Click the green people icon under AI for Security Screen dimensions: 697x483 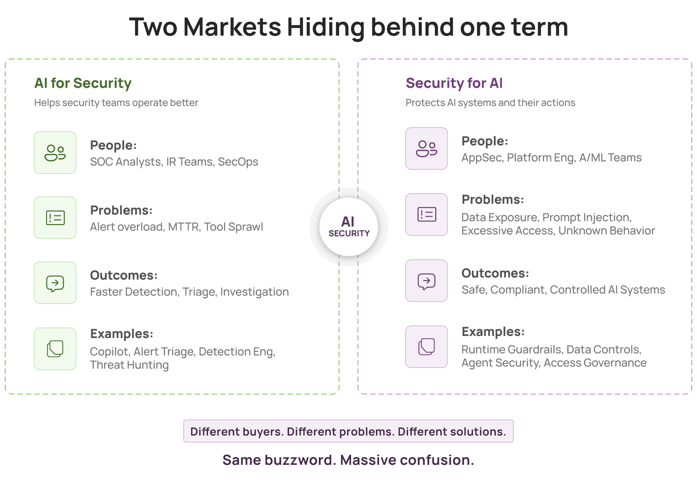pos(55,153)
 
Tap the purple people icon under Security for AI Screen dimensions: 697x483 pos(427,148)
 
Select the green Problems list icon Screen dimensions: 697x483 pos(55,218)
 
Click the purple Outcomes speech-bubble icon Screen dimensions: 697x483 pos(427,281)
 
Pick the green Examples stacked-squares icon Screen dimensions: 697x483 pos(55,349)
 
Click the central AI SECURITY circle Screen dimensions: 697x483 pos(349,227)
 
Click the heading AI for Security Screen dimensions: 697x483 pos(83,83)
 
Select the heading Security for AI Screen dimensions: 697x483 pos(454,83)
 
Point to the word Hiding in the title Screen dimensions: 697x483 pos(326,28)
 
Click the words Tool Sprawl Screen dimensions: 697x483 pos(233,227)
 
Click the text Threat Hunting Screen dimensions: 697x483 pos(129,365)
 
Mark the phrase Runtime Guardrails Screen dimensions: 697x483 pos(512,349)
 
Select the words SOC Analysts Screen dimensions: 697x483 pos(126,162)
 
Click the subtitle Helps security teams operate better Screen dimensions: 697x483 pos(116,103)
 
